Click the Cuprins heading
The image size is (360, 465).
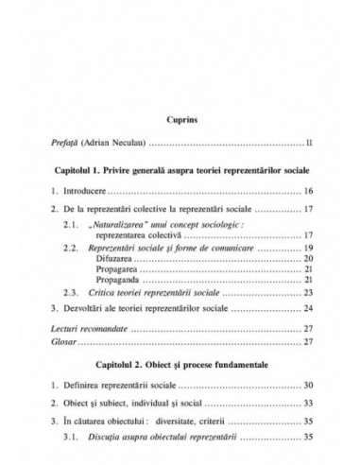click(x=180, y=120)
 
